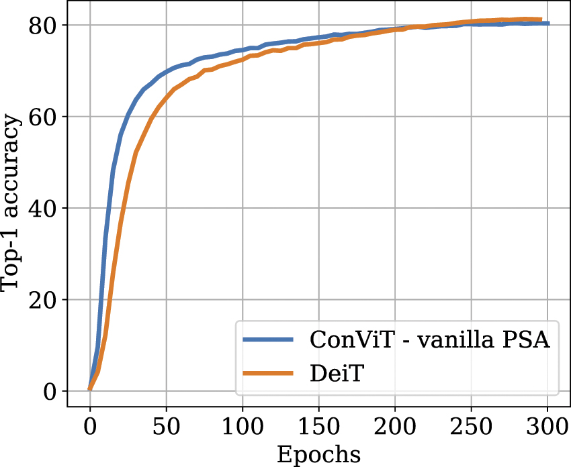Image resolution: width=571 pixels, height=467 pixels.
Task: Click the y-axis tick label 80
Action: [x=43, y=25]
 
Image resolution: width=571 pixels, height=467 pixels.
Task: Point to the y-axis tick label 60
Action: [x=43, y=117]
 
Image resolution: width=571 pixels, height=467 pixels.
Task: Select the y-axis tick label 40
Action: [x=43, y=208]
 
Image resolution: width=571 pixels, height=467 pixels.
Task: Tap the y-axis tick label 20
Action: [x=43, y=300]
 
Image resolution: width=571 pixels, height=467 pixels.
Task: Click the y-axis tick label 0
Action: [x=50, y=391]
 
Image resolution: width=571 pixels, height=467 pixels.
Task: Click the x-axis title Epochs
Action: [x=318, y=454]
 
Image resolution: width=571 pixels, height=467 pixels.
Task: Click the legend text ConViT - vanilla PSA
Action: [x=430, y=340]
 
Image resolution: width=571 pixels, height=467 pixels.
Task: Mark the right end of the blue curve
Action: [x=547, y=23]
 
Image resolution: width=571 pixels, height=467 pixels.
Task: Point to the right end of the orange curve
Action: [x=540, y=19]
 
